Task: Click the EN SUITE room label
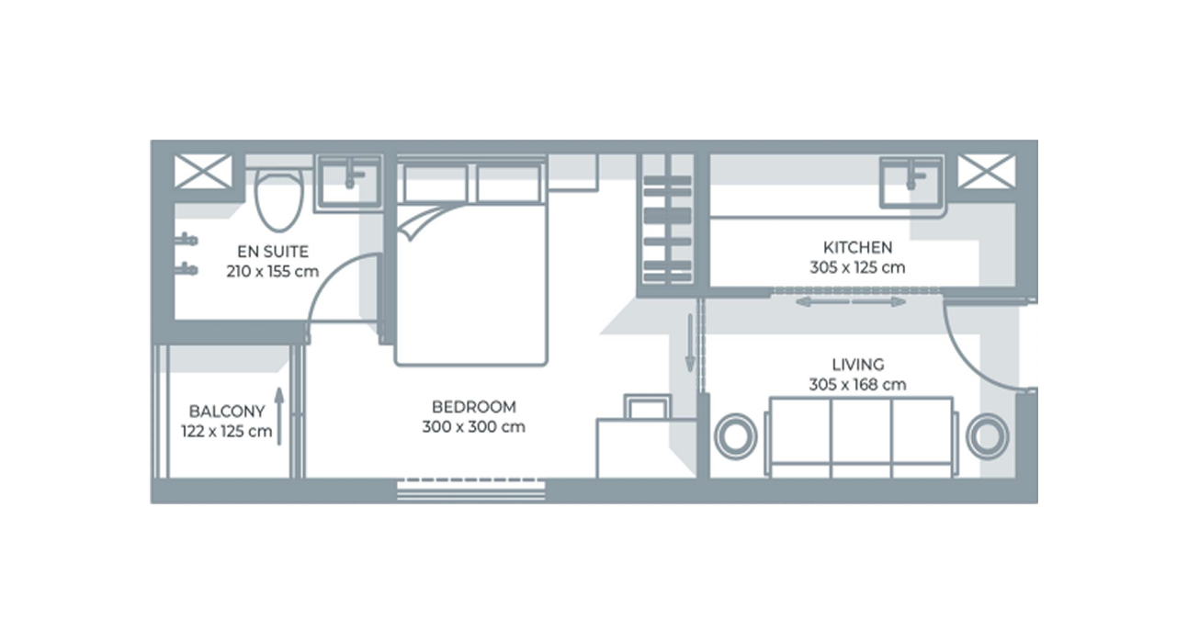(x=272, y=251)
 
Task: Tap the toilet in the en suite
(x=277, y=201)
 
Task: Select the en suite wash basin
(x=349, y=181)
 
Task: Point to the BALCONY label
(x=227, y=412)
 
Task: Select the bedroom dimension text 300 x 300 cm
(x=473, y=427)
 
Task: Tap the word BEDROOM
(x=473, y=406)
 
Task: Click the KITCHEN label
(x=856, y=247)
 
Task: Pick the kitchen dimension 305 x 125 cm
(x=856, y=268)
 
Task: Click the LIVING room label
(x=857, y=365)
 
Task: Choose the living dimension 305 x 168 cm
(x=857, y=385)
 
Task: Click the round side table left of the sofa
(x=736, y=435)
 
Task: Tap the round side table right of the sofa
(x=987, y=435)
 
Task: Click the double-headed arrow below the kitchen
(x=850, y=301)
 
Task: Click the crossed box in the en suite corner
(x=204, y=172)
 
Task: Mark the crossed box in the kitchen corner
(x=987, y=172)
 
